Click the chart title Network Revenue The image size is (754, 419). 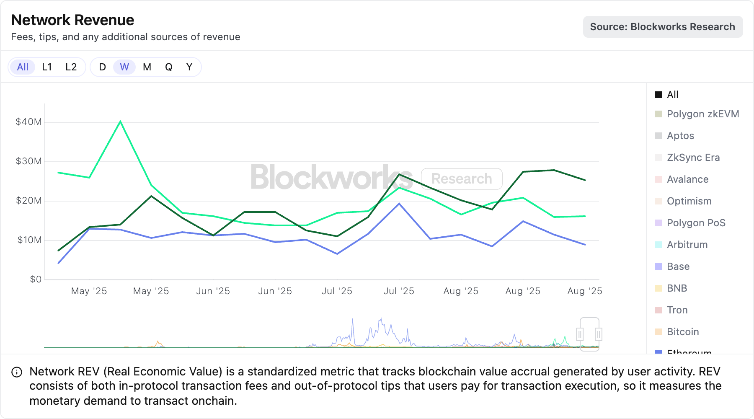tap(72, 20)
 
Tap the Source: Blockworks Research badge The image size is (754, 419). tap(662, 27)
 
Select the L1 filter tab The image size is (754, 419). tap(47, 67)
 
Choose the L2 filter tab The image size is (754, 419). tap(71, 67)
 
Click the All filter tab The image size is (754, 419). tap(23, 67)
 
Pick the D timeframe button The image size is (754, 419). tap(102, 67)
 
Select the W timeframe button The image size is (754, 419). tap(124, 67)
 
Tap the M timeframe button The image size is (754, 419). tap(147, 67)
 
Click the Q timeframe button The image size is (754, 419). tap(168, 67)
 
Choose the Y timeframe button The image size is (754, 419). tap(189, 67)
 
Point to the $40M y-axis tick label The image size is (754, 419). tap(28, 122)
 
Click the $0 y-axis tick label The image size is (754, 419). tap(36, 279)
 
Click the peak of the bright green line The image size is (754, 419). tap(120, 122)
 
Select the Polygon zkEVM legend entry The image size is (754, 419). tap(702, 114)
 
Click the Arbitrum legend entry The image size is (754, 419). tap(687, 245)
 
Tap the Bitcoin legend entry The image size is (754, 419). tap(682, 332)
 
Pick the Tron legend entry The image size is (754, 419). tap(677, 310)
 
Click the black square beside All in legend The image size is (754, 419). tap(658, 95)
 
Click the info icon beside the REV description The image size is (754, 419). tap(17, 372)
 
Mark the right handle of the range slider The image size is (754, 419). tap(599, 334)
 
